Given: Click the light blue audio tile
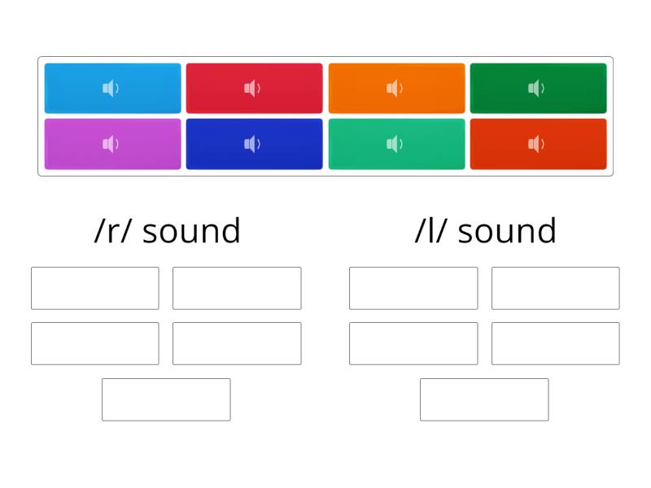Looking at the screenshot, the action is pos(112,88).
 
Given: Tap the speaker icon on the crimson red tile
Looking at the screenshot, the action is pos(252,88).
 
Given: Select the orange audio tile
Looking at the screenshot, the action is pos(396,88).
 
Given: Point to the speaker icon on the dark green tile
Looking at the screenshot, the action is pos(536,88).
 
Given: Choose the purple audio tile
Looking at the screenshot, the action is pos(112,144).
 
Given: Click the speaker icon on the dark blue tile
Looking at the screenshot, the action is pos(252,144).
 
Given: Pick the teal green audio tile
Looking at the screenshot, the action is pos(396,144).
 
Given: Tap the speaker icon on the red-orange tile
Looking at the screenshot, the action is pos(536,144).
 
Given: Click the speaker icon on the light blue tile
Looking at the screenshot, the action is pos(111,88).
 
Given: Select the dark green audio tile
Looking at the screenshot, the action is pos(538,88).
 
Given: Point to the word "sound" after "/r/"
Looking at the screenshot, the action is pos(191,230).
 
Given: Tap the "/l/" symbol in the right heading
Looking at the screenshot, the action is pos(431,230).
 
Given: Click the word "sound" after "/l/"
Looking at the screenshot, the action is pos(506,230).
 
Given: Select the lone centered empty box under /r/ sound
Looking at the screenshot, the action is pos(166,399).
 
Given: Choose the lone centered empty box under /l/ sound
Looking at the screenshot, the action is pos(484,399).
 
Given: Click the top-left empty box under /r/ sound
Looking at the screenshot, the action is pos(95,288).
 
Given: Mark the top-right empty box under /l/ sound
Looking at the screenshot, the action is pos(556,288).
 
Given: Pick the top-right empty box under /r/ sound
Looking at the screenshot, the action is pos(237,288).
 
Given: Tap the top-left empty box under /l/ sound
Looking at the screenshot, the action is pos(413,288).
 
